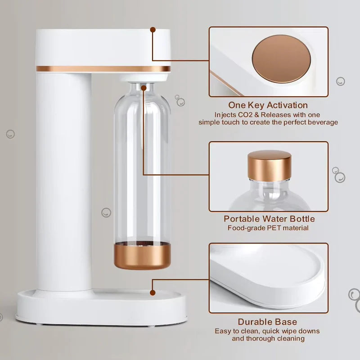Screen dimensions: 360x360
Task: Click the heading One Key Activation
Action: (268, 105)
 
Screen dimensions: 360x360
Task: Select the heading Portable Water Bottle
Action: (270, 219)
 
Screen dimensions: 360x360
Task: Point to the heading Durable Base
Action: (267, 322)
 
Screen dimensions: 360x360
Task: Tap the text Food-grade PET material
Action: (268, 228)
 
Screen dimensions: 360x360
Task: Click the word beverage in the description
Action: (322, 122)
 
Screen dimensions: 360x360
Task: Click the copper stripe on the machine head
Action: (103, 69)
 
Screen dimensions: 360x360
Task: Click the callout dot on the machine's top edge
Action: (153, 30)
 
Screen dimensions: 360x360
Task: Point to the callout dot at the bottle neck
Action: (143, 88)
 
